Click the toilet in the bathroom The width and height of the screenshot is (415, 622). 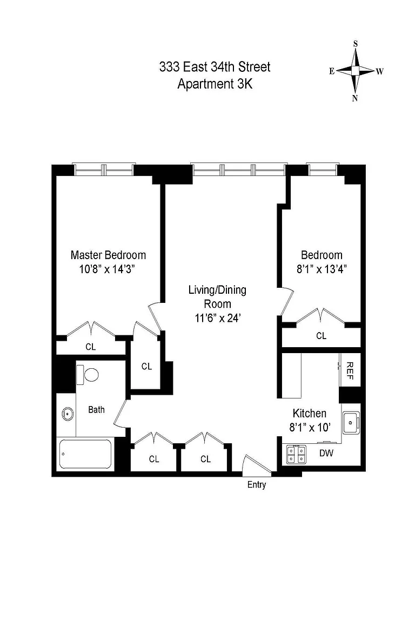88,375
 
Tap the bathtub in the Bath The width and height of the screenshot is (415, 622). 85,454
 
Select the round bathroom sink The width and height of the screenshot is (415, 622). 68,414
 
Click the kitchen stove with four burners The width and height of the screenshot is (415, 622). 296,454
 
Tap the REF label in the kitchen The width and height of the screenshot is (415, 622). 350,370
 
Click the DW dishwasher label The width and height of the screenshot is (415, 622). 326,453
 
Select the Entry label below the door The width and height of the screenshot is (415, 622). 257,484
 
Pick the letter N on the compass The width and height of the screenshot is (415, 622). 355,98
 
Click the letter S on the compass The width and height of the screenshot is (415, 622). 356,44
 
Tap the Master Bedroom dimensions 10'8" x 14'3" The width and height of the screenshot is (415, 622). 107,269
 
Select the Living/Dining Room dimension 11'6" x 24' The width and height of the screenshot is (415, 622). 218,318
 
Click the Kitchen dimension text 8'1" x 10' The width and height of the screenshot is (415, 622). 310,428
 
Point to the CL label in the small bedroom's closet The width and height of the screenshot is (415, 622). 322,336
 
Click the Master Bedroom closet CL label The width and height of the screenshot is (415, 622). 91,347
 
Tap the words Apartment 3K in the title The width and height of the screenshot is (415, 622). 215,84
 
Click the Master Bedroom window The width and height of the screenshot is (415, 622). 104,170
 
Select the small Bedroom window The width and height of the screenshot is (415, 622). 322,170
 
